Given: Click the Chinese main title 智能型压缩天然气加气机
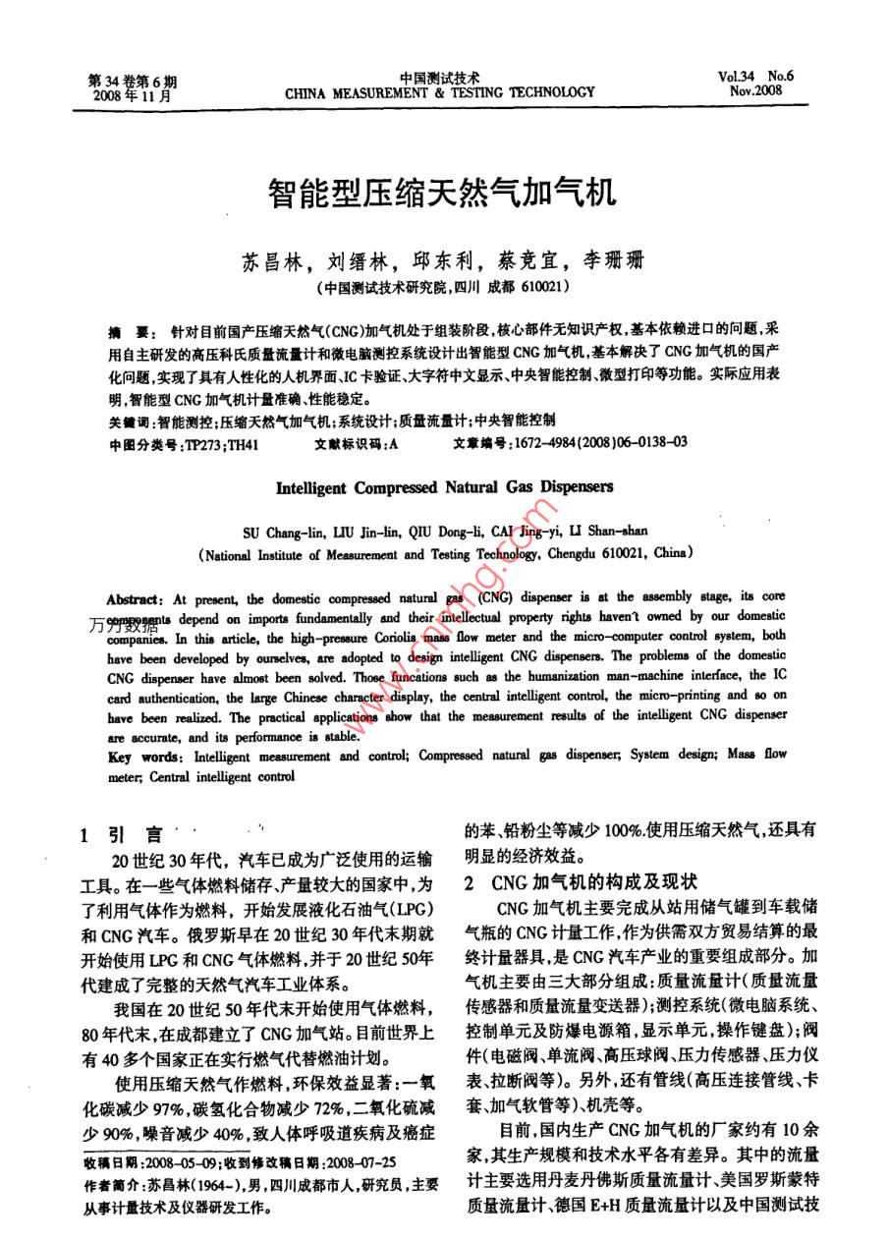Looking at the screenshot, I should coord(443,192).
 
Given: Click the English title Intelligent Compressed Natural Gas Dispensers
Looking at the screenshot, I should coord(444,486).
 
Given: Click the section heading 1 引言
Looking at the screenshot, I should coord(123,836).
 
